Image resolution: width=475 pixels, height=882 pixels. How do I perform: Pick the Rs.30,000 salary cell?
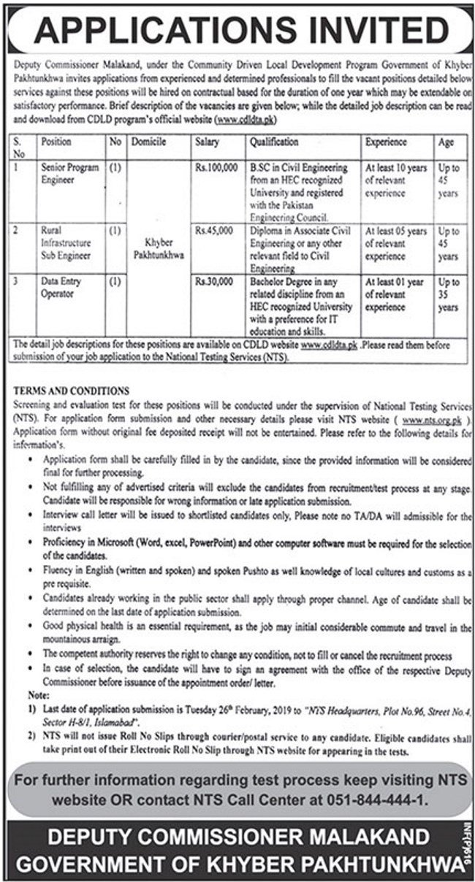(x=214, y=281)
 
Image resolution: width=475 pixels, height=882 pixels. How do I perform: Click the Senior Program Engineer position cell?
(x=70, y=173)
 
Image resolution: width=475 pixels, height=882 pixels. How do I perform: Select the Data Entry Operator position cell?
(x=62, y=286)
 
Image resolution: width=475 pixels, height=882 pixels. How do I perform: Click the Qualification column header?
(x=274, y=142)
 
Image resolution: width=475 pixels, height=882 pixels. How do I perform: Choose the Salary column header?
(x=208, y=142)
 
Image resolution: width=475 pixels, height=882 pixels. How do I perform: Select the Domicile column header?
(x=149, y=142)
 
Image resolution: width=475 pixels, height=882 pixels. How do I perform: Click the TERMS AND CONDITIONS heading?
(x=72, y=391)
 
